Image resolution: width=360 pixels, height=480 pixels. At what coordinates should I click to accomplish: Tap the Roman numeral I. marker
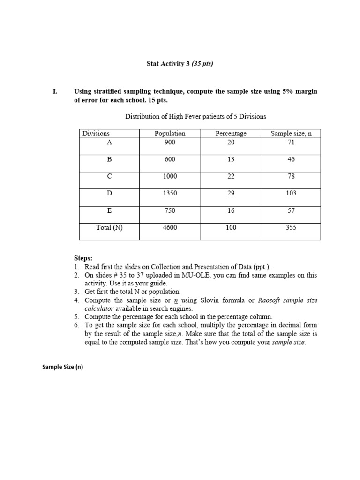55,91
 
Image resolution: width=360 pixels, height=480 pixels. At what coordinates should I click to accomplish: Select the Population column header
170,134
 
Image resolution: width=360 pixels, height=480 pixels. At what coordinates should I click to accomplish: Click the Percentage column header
231,134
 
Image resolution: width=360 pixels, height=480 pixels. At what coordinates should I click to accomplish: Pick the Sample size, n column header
291,134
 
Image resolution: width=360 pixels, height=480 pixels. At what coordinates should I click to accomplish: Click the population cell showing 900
170,142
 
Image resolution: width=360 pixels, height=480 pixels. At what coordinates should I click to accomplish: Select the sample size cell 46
291,159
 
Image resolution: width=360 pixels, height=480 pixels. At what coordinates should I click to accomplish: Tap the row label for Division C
110,176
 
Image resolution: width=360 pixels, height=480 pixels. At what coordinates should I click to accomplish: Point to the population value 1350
170,193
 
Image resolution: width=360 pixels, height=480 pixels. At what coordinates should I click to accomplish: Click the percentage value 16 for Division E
231,210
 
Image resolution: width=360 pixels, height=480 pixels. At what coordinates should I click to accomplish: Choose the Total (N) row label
110,228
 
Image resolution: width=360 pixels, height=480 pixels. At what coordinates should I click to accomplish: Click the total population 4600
170,228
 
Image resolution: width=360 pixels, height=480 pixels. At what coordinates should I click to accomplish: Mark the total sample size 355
291,228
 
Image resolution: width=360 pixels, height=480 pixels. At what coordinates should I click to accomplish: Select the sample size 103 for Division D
291,193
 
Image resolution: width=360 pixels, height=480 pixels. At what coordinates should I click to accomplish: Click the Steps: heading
83,258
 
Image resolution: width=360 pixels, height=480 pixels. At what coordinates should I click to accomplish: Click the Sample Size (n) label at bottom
62,367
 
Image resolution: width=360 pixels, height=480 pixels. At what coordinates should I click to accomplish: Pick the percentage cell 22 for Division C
231,176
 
